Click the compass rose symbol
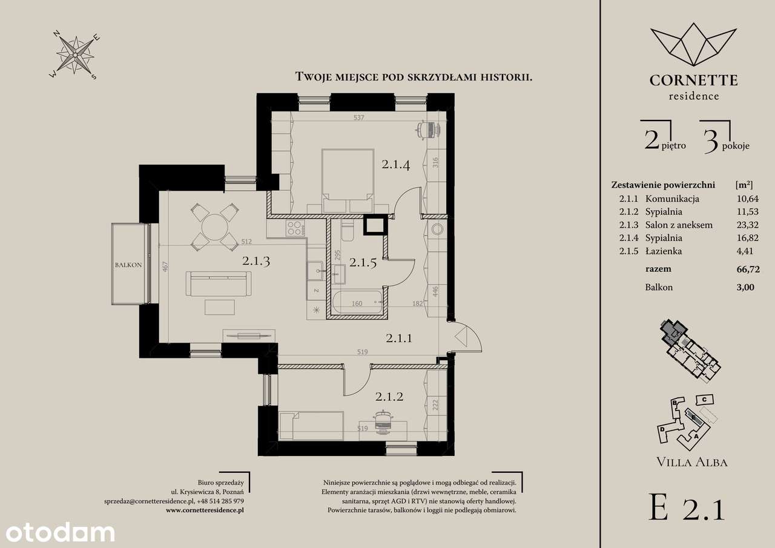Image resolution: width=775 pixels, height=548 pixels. [75, 56]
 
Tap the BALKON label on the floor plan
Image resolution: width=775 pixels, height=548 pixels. [128, 265]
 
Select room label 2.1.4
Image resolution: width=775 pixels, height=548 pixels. [396, 164]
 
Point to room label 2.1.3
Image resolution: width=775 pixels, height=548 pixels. [256, 260]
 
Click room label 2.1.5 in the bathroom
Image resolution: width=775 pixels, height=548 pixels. [363, 263]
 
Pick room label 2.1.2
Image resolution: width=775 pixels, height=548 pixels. [389, 396]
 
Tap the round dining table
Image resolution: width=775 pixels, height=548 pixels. [215, 227]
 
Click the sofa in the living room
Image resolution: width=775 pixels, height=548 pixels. [219, 283]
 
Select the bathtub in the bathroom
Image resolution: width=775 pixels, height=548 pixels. [357, 303]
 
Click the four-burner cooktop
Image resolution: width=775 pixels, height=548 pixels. [295, 228]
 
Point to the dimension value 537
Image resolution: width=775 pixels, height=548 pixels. [359, 117]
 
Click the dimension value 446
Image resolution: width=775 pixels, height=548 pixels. [435, 291]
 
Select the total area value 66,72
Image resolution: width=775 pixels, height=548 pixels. [748, 269]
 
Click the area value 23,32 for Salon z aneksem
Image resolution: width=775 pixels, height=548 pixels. [748, 225]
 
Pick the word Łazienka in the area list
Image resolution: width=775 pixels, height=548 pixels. [663, 251]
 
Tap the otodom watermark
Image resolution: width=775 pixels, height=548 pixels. [60, 532]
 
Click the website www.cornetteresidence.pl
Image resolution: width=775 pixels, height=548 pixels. [205, 510]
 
